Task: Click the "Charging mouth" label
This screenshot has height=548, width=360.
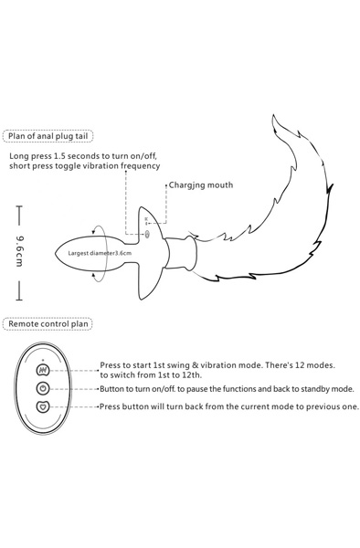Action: click(201, 184)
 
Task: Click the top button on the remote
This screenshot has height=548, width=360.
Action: click(42, 372)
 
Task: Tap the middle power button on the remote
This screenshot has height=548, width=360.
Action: click(42, 388)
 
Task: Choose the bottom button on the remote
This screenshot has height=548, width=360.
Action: click(42, 406)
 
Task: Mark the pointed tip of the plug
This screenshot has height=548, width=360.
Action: click(61, 250)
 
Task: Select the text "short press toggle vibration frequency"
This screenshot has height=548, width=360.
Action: click(84, 166)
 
